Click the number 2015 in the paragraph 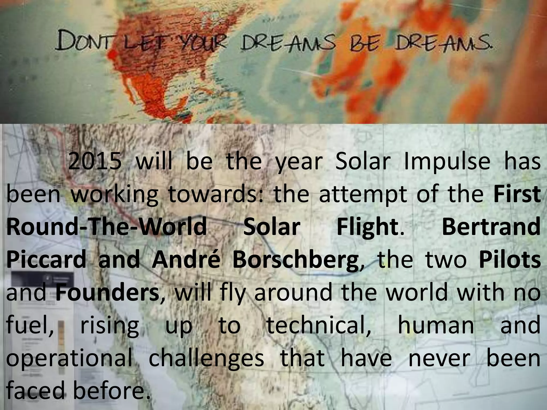tap(94, 162)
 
